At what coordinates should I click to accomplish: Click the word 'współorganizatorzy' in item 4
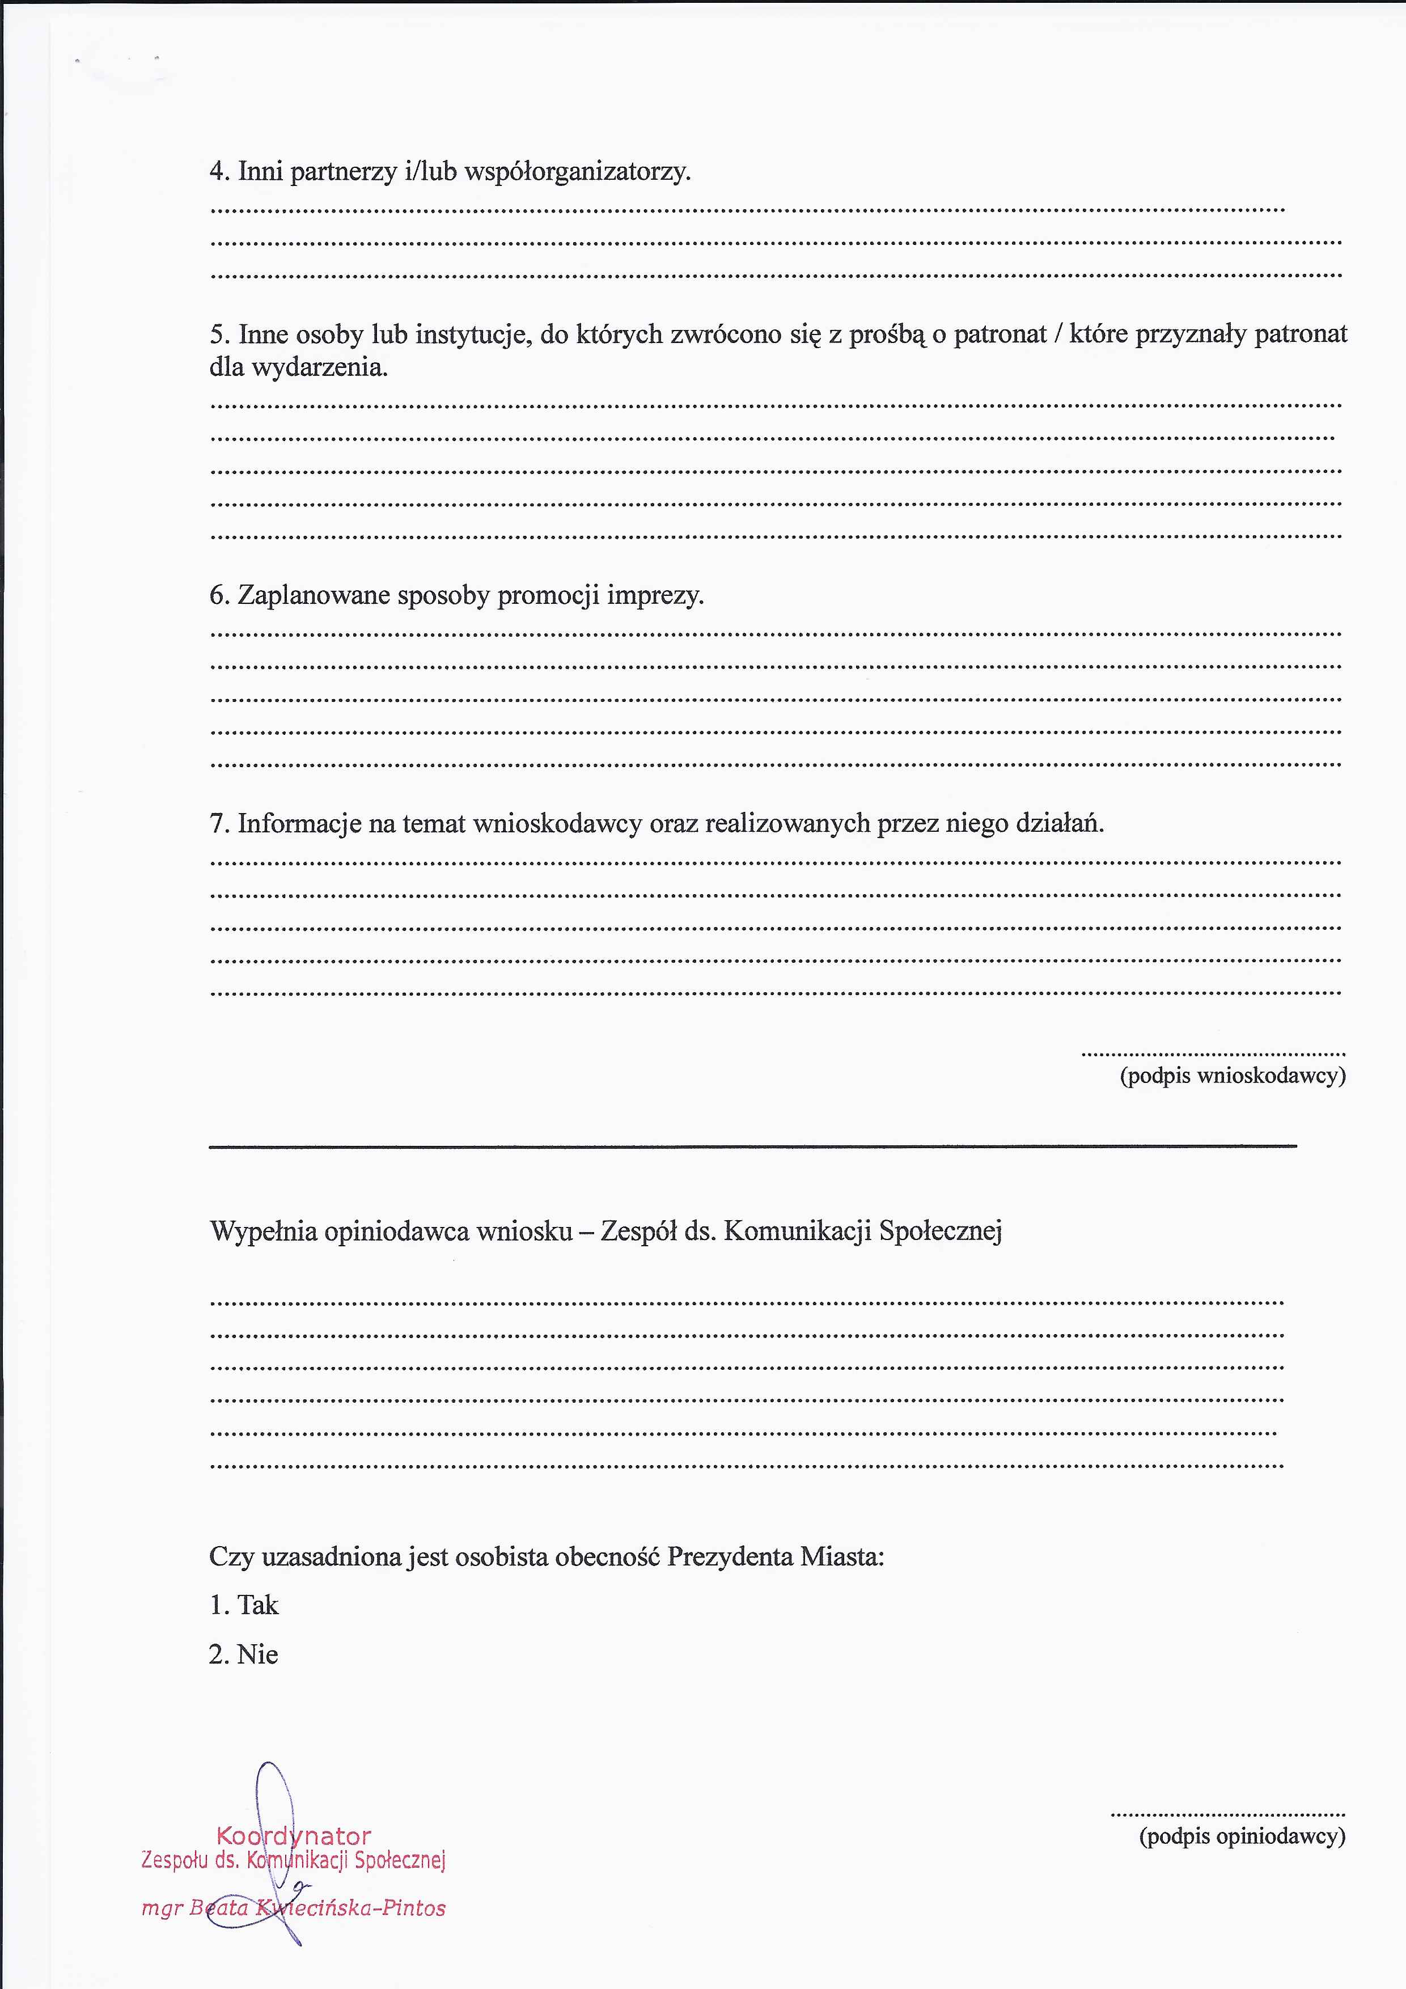(x=577, y=172)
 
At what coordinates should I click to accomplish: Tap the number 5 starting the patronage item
(x=217, y=335)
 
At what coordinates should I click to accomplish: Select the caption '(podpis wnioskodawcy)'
(x=1232, y=1076)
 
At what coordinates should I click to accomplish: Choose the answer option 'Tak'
(x=258, y=1605)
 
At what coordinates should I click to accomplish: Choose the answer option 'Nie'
(x=257, y=1654)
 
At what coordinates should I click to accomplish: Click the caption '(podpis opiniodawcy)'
(x=1242, y=1836)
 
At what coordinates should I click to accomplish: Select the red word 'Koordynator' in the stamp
(x=294, y=1836)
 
